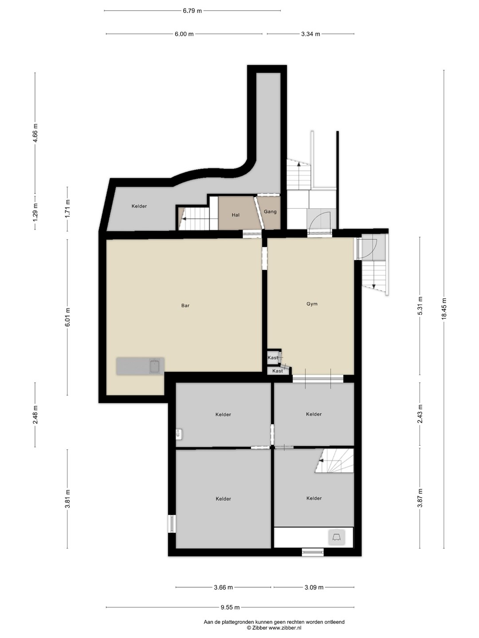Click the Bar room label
185,305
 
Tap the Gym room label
312,304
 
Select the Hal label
236,215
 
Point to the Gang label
270,212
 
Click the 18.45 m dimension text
444,309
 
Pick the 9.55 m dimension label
230,607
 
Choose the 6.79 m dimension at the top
192,11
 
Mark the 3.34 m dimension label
310,34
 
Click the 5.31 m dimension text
420,306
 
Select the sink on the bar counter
155,366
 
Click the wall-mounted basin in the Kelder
179,434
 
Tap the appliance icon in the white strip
337,537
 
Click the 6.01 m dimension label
67,317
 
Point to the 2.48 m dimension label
35,415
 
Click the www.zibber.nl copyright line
274,627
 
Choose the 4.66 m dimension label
35,133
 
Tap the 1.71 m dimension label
67,209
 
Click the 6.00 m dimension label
184,34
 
